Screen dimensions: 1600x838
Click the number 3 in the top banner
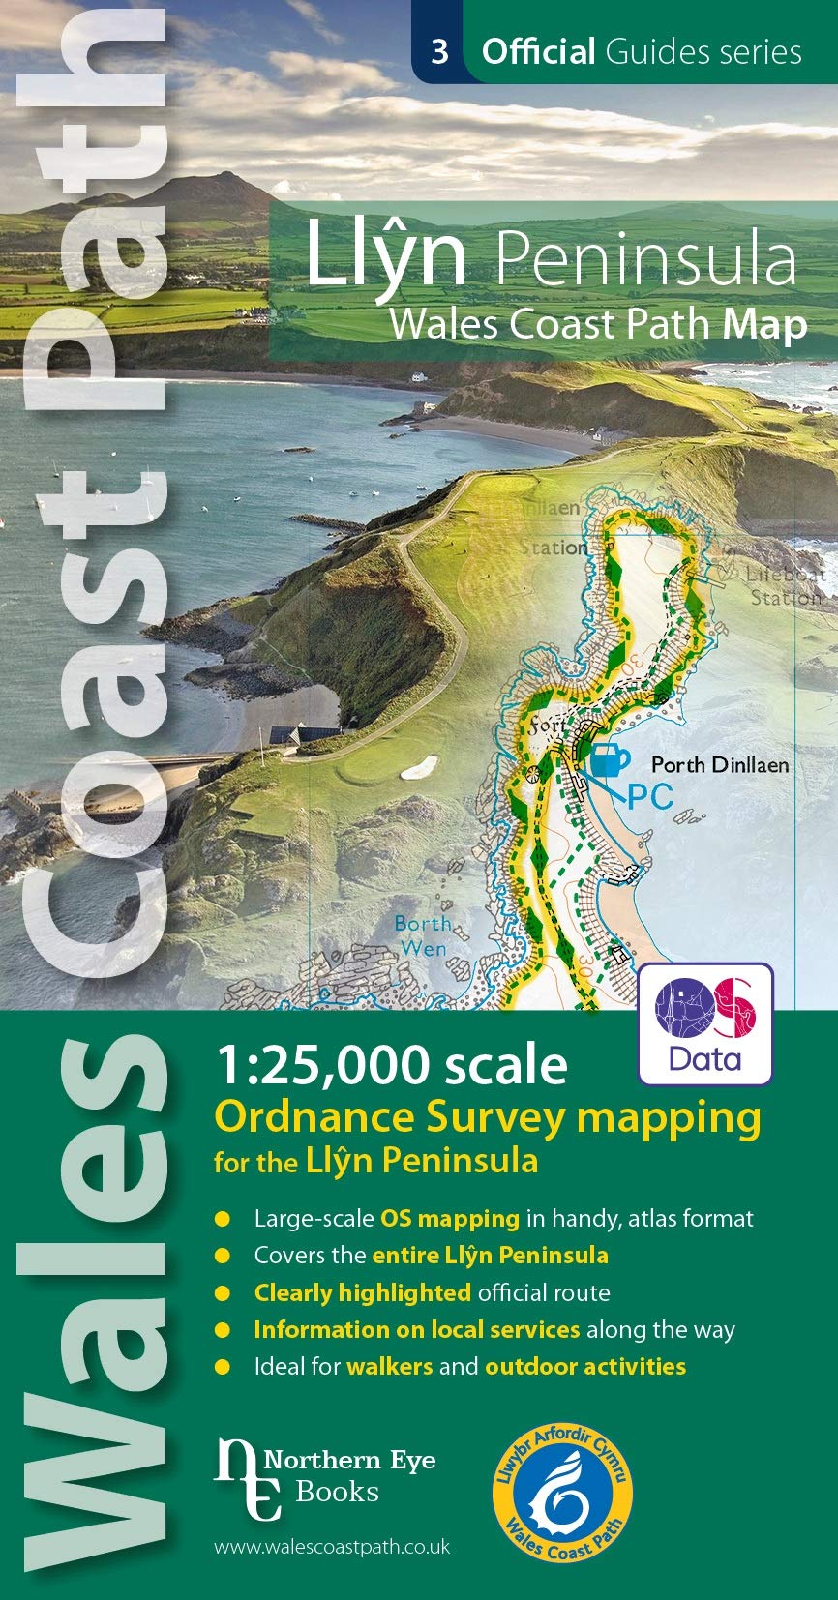[x=439, y=50]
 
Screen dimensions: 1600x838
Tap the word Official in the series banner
[x=538, y=51]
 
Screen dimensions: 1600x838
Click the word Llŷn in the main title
[x=387, y=256]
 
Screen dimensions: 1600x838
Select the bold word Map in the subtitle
[x=764, y=324]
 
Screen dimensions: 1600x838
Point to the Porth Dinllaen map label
[x=719, y=765]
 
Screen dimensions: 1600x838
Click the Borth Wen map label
[x=424, y=936]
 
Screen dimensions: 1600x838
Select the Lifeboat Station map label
[x=786, y=586]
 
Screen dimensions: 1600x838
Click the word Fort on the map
[x=547, y=726]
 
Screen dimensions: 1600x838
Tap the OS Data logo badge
[x=705, y=1024]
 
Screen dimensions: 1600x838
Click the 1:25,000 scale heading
[x=391, y=1065]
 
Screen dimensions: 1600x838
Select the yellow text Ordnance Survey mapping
[x=487, y=1117]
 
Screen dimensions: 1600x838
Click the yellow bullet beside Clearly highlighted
[x=223, y=1293]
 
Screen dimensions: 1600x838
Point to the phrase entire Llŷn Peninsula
[x=490, y=1256]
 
